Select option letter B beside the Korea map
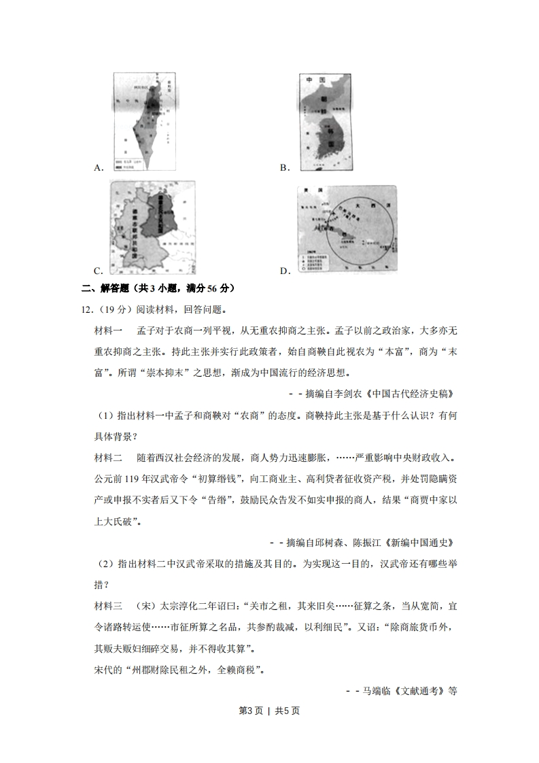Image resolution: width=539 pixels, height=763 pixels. pyautogui.click(x=285, y=167)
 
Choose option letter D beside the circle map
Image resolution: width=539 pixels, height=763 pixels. pyautogui.click(x=285, y=271)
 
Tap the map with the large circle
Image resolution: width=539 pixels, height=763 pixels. pyautogui.click(x=347, y=227)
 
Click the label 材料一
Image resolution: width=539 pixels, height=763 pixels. pyautogui.click(x=109, y=330)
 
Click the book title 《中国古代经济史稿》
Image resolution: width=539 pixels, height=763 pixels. pyautogui.click(x=408, y=394)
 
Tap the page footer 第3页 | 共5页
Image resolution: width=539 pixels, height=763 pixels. pyautogui.click(x=269, y=711)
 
